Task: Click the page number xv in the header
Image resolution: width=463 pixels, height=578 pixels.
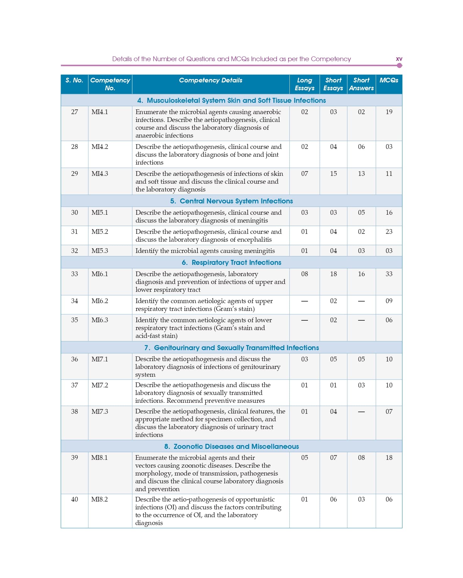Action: (x=399, y=59)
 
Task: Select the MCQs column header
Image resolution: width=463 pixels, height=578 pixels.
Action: (x=389, y=80)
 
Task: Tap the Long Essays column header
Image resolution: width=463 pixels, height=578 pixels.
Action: (x=304, y=84)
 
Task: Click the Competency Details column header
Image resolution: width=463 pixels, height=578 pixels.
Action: (x=210, y=80)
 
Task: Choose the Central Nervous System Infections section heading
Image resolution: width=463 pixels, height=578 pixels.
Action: (x=231, y=201)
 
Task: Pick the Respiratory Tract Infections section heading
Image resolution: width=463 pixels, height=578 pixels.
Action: (x=231, y=262)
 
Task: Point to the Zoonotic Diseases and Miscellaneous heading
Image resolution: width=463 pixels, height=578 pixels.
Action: (x=231, y=446)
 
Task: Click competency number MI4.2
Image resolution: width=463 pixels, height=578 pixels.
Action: (x=100, y=147)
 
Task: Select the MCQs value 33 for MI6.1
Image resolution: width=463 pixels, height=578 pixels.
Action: (x=389, y=274)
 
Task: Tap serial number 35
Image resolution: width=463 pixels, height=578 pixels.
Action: (x=74, y=320)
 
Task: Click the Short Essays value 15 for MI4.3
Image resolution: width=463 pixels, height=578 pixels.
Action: (x=333, y=174)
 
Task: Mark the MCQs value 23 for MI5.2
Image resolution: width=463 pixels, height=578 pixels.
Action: (x=389, y=232)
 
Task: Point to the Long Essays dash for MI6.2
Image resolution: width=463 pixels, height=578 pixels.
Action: (x=304, y=301)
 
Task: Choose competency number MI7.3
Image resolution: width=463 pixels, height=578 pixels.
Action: (x=100, y=412)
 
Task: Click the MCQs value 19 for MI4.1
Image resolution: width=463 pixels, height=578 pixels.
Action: (x=389, y=112)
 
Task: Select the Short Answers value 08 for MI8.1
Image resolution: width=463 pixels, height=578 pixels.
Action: (x=361, y=458)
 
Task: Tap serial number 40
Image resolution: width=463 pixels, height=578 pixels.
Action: (x=74, y=499)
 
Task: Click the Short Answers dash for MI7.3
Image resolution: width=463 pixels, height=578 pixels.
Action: (x=361, y=412)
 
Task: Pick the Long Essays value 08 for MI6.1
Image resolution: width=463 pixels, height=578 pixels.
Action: (x=304, y=274)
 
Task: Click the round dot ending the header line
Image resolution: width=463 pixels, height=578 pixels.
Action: (x=399, y=66)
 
